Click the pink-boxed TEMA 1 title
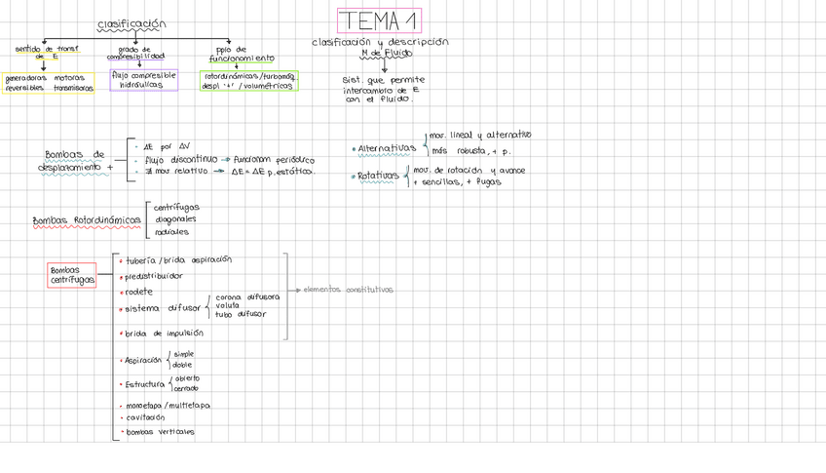379,20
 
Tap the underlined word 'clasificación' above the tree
132,24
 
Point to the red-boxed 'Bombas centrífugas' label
73,275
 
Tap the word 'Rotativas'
378,177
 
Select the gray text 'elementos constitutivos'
348,290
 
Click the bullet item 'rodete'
139,292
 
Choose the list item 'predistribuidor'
154,276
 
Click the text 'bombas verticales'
160,431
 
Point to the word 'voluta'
227,305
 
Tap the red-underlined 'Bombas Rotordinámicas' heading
87,220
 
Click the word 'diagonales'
173,219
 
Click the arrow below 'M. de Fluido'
385,65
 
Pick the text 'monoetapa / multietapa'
167,404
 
